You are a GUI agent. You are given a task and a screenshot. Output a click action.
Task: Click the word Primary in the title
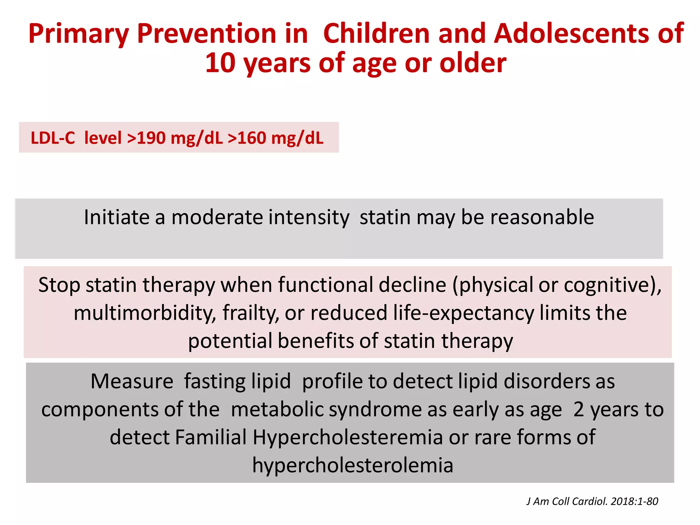pos(79,34)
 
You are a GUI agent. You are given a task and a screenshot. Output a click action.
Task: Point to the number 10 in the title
pos(220,63)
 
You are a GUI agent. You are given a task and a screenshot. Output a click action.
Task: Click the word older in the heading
pos(473,63)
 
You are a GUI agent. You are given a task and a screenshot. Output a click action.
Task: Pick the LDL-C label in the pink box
pos(53,138)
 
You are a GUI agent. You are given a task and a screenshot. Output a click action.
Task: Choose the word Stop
pos(59,285)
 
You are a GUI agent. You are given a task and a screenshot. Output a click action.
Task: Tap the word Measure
pos(132,381)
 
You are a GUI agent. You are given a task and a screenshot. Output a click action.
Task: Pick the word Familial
pos(211,437)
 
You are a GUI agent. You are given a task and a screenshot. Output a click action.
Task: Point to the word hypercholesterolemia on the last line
pos(353,465)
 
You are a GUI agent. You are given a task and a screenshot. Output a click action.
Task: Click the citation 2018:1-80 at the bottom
pos(634,501)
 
